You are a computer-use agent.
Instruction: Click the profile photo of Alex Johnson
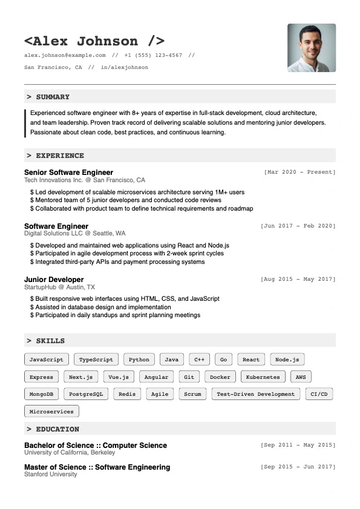point(312,48)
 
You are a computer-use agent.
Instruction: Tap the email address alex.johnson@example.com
point(65,55)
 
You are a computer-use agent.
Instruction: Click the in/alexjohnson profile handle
point(125,67)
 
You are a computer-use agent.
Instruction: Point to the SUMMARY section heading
point(53,97)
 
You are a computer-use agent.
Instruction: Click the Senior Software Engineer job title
point(68,172)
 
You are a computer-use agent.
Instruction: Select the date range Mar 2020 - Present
point(299,172)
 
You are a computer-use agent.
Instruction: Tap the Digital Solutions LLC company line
point(75,234)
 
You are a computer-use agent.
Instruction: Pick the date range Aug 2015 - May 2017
point(298,280)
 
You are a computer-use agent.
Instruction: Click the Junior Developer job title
point(54,280)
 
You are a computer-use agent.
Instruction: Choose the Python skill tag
point(139,360)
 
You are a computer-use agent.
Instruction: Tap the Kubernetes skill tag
point(263,376)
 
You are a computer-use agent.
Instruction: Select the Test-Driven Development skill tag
point(256,394)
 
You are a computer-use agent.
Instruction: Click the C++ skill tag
point(199,360)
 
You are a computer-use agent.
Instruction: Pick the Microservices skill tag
point(51,412)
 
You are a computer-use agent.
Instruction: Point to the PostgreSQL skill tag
point(86,394)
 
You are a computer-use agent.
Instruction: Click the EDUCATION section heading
point(57,429)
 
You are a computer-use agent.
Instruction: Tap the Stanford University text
point(51,475)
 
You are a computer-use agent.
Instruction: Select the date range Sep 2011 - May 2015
point(298,445)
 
